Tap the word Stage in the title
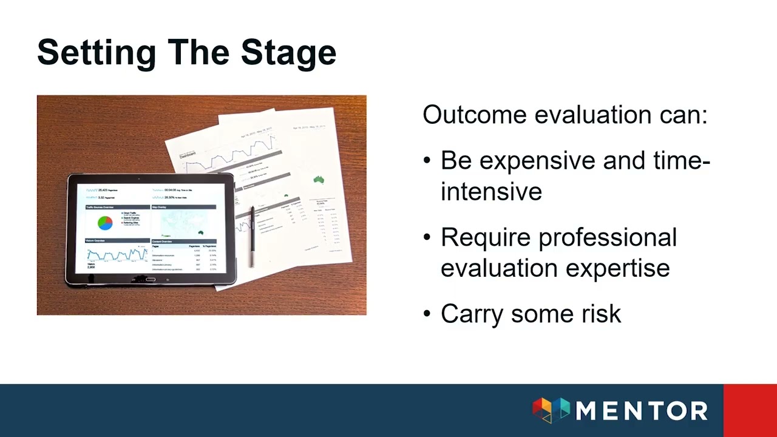click(x=288, y=53)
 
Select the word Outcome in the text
click(x=474, y=115)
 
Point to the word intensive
click(x=491, y=192)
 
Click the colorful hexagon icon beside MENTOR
click(x=551, y=410)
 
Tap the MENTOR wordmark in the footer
click(x=641, y=411)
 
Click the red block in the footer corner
click(x=750, y=410)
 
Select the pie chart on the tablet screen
click(x=105, y=222)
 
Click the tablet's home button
click(x=150, y=280)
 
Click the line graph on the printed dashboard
click(x=237, y=155)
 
